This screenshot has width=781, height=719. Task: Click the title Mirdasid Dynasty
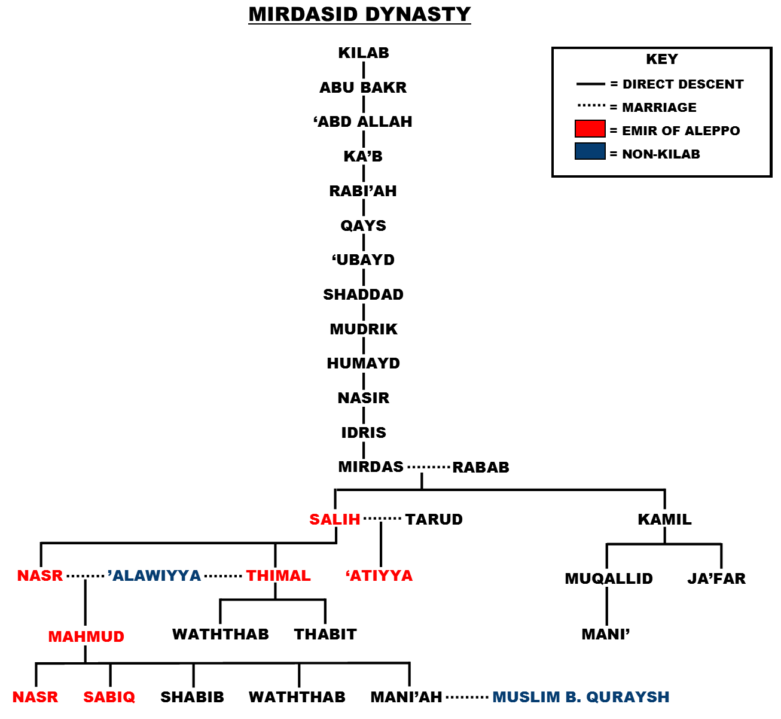tap(359, 14)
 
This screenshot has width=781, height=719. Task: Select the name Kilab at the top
tap(364, 53)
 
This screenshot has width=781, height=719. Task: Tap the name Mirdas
tap(371, 467)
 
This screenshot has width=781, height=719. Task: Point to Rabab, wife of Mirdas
tap(481, 468)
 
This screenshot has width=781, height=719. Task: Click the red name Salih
tap(335, 520)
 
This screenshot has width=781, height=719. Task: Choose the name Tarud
tap(434, 520)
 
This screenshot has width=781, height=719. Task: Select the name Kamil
tap(664, 520)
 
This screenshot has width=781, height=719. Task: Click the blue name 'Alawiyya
tap(154, 576)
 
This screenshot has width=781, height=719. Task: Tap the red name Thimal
tap(279, 576)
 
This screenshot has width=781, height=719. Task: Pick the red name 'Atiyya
tap(379, 576)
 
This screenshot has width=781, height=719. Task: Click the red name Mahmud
tap(86, 637)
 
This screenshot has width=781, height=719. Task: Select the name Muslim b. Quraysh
tap(581, 697)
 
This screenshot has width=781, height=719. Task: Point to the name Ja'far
tap(716, 579)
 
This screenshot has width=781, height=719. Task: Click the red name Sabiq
tap(109, 697)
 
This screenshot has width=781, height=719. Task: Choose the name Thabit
tap(325, 635)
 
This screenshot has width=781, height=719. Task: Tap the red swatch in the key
tap(590, 129)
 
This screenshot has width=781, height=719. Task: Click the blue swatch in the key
tap(590, 152)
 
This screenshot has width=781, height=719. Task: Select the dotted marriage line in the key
tap(591, 106)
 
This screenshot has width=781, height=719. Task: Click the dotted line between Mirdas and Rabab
tap(428, 467)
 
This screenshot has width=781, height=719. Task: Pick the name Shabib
tap(192, 697)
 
